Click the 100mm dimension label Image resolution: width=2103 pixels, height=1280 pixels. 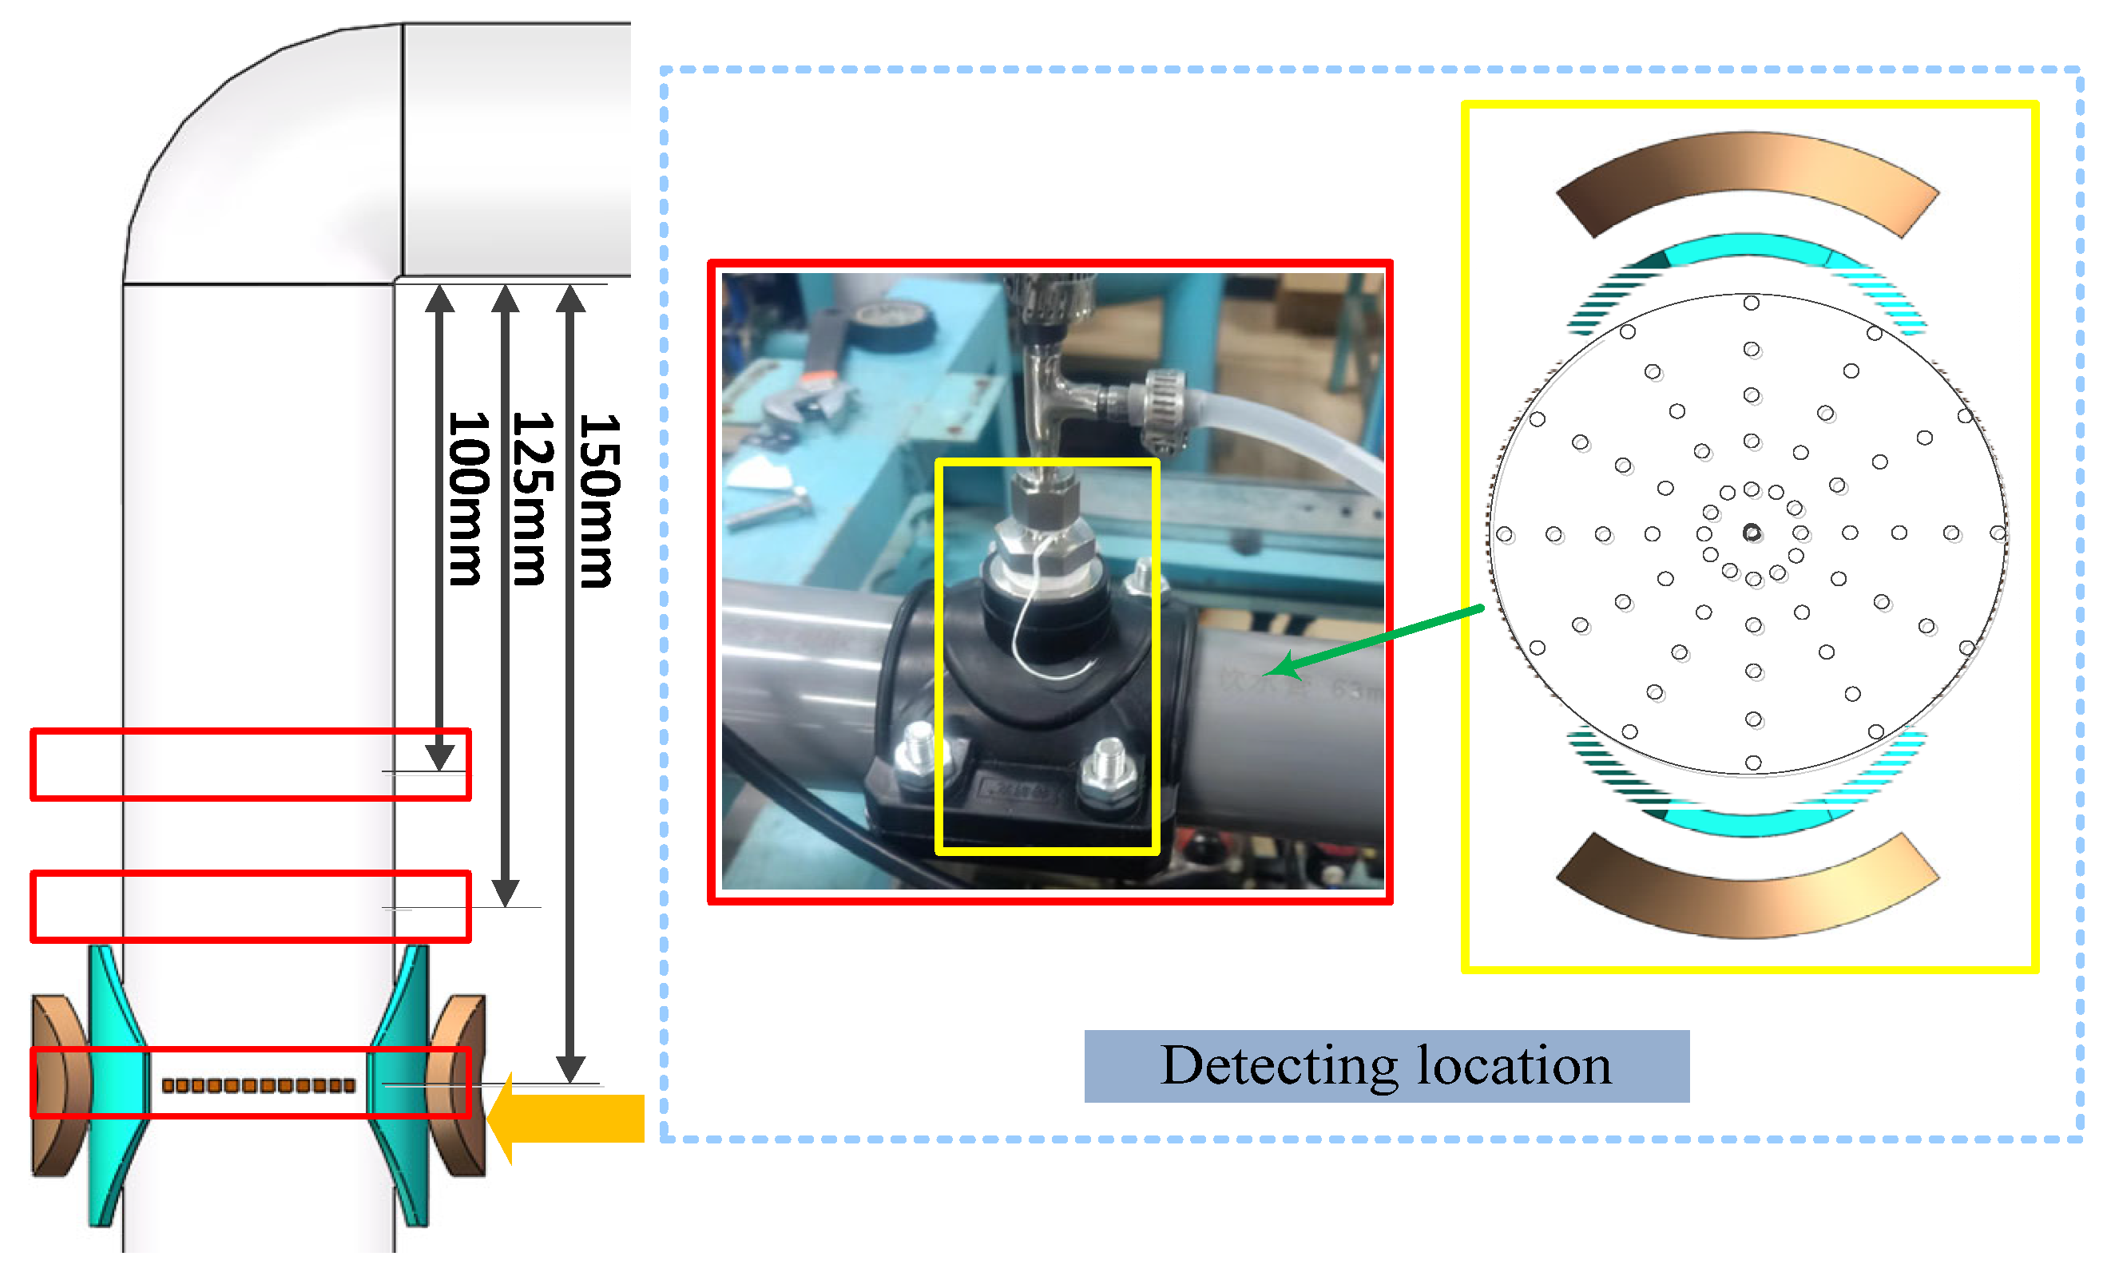pos(469,499)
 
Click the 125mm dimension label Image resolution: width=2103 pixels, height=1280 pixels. pos(534,499)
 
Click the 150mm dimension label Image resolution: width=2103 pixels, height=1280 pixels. pos(600,501)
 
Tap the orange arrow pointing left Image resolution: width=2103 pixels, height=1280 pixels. pos(568,1118)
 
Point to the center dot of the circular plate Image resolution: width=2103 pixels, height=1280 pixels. pos(1752,533)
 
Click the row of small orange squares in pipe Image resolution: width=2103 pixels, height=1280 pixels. pos(258,1085)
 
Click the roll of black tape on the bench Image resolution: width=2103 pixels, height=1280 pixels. pos(892,325)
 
